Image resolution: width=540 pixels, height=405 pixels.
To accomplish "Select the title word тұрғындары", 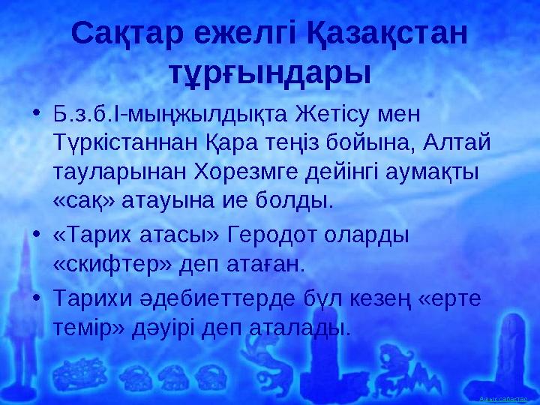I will [270, 73].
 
